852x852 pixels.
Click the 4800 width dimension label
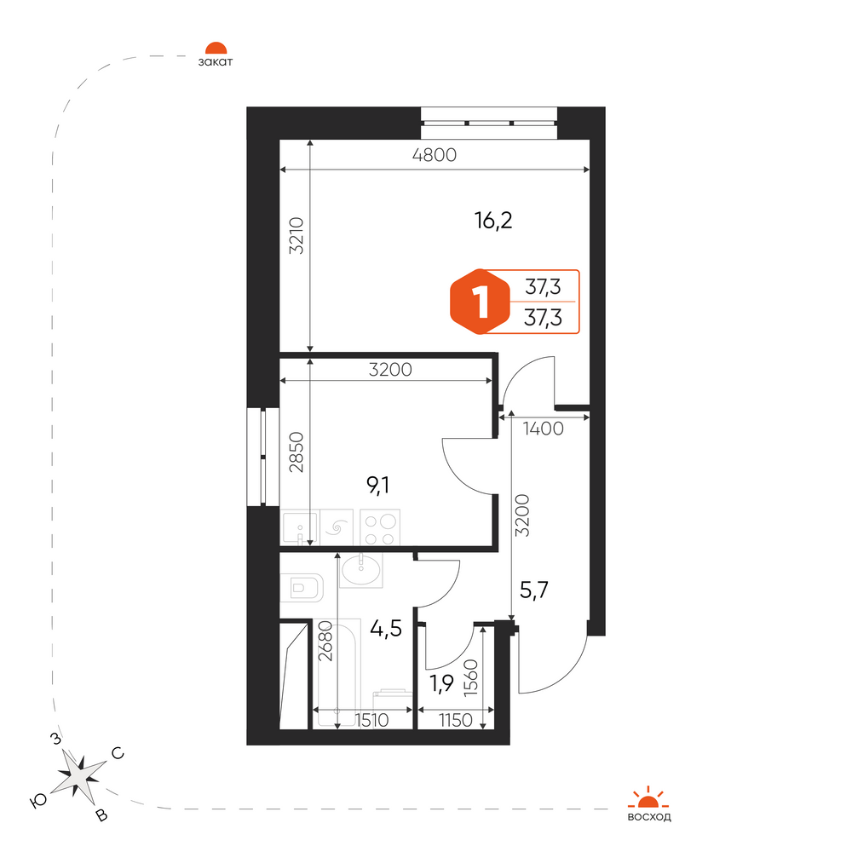click(x=435, y=155)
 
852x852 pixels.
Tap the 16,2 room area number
click(x=493, y=221)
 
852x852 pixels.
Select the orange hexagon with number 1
click(x=480, y=302)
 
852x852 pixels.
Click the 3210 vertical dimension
click(x=296, y=235)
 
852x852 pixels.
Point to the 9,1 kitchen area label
click(x=378, y=485)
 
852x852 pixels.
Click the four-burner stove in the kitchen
click(x=380, y=527)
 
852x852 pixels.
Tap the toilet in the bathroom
click(x=302, y=587)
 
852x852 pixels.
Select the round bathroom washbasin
click(x=360, y=570)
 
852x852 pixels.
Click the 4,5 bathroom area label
click(x=386, y=629)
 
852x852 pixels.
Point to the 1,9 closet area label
click(x=441, y=683)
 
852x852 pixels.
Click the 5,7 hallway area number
click(x=534, y=590)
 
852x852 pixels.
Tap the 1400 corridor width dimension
click(x=543, y=429)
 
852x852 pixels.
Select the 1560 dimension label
click(x=470, y=677)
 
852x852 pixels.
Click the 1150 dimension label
click(x=455, y=721)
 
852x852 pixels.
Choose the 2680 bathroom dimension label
click(x=325, y=641)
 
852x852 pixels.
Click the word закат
click(x=216, y=62)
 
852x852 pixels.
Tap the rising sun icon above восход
click(x=648, y=797)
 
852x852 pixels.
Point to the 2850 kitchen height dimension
click(x=296, y=452)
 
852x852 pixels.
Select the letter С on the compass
click(x=118, y=754)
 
